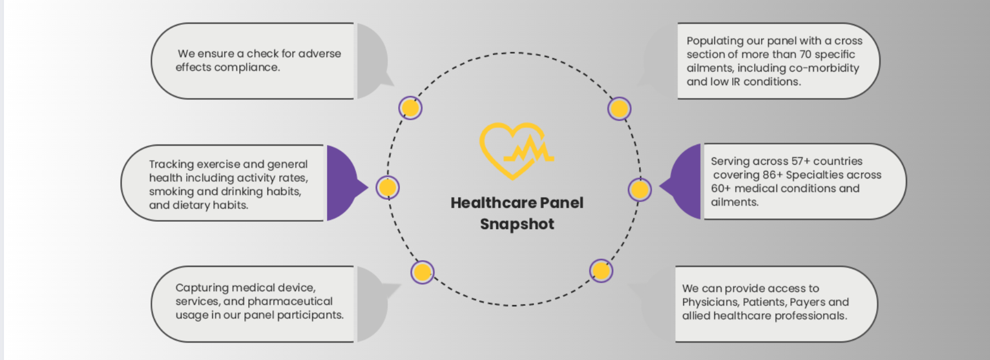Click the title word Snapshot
(x=517, y=224)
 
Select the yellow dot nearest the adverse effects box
(x=410, y=108)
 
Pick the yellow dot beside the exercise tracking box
(x=388, y=187)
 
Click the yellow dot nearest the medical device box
(x=422, y=273)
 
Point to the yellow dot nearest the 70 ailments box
(x=619, y=109)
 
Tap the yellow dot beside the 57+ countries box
(x=639, y=190)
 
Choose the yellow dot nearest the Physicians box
(x=601, y=271)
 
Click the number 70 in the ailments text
(x=806, y=55)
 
